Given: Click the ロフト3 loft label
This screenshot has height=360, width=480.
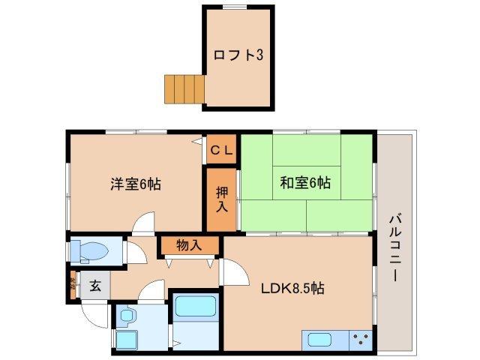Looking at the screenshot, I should tap(237, 55).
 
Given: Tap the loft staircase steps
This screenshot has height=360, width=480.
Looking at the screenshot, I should tap(184, 88).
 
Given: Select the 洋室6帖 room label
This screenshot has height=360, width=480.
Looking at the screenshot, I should tap(135, 183).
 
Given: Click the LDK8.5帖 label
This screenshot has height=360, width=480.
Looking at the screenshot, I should tap(292, 288).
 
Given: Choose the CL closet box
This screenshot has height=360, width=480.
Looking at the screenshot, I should tap(222, 150).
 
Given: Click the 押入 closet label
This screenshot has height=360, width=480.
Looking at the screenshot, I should tap(222, 197).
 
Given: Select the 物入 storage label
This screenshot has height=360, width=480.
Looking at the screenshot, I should tap(189, 244).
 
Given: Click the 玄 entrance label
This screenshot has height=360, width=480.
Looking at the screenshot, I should tap(96, 285).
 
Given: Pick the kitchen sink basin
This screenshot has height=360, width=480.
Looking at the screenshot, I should tap(320, 340).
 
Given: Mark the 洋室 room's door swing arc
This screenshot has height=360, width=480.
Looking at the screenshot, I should tap(144, 223).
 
